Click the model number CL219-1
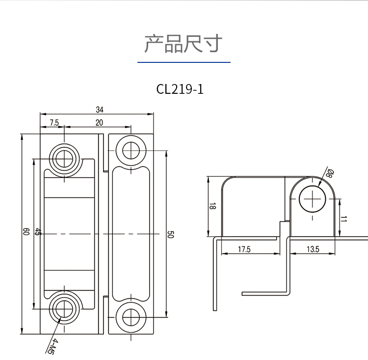(x=180, y=89)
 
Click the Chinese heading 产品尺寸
(x=184, y=44)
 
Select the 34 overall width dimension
(x=100, y=110)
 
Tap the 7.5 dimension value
(x=54, y=122)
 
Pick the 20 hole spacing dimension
(x=99, y=122)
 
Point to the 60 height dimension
(x=26, y=231)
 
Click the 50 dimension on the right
(x=170, y=234)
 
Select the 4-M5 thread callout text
(x=52, y=346)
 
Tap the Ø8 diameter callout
(x=330, y=173)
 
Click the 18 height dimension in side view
(x=212, y=206)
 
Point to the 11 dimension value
(x=343, y=219)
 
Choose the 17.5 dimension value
(x=244, y=249)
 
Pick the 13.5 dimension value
(x=313, y=249)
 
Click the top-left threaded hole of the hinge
(x=64, y=159)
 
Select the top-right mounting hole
(x=131, y=150)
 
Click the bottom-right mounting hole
(x=131, y=318)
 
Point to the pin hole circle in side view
(x=313, y=199)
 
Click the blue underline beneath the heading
(x=184, y=62)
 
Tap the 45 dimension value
(x=38, y=231)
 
